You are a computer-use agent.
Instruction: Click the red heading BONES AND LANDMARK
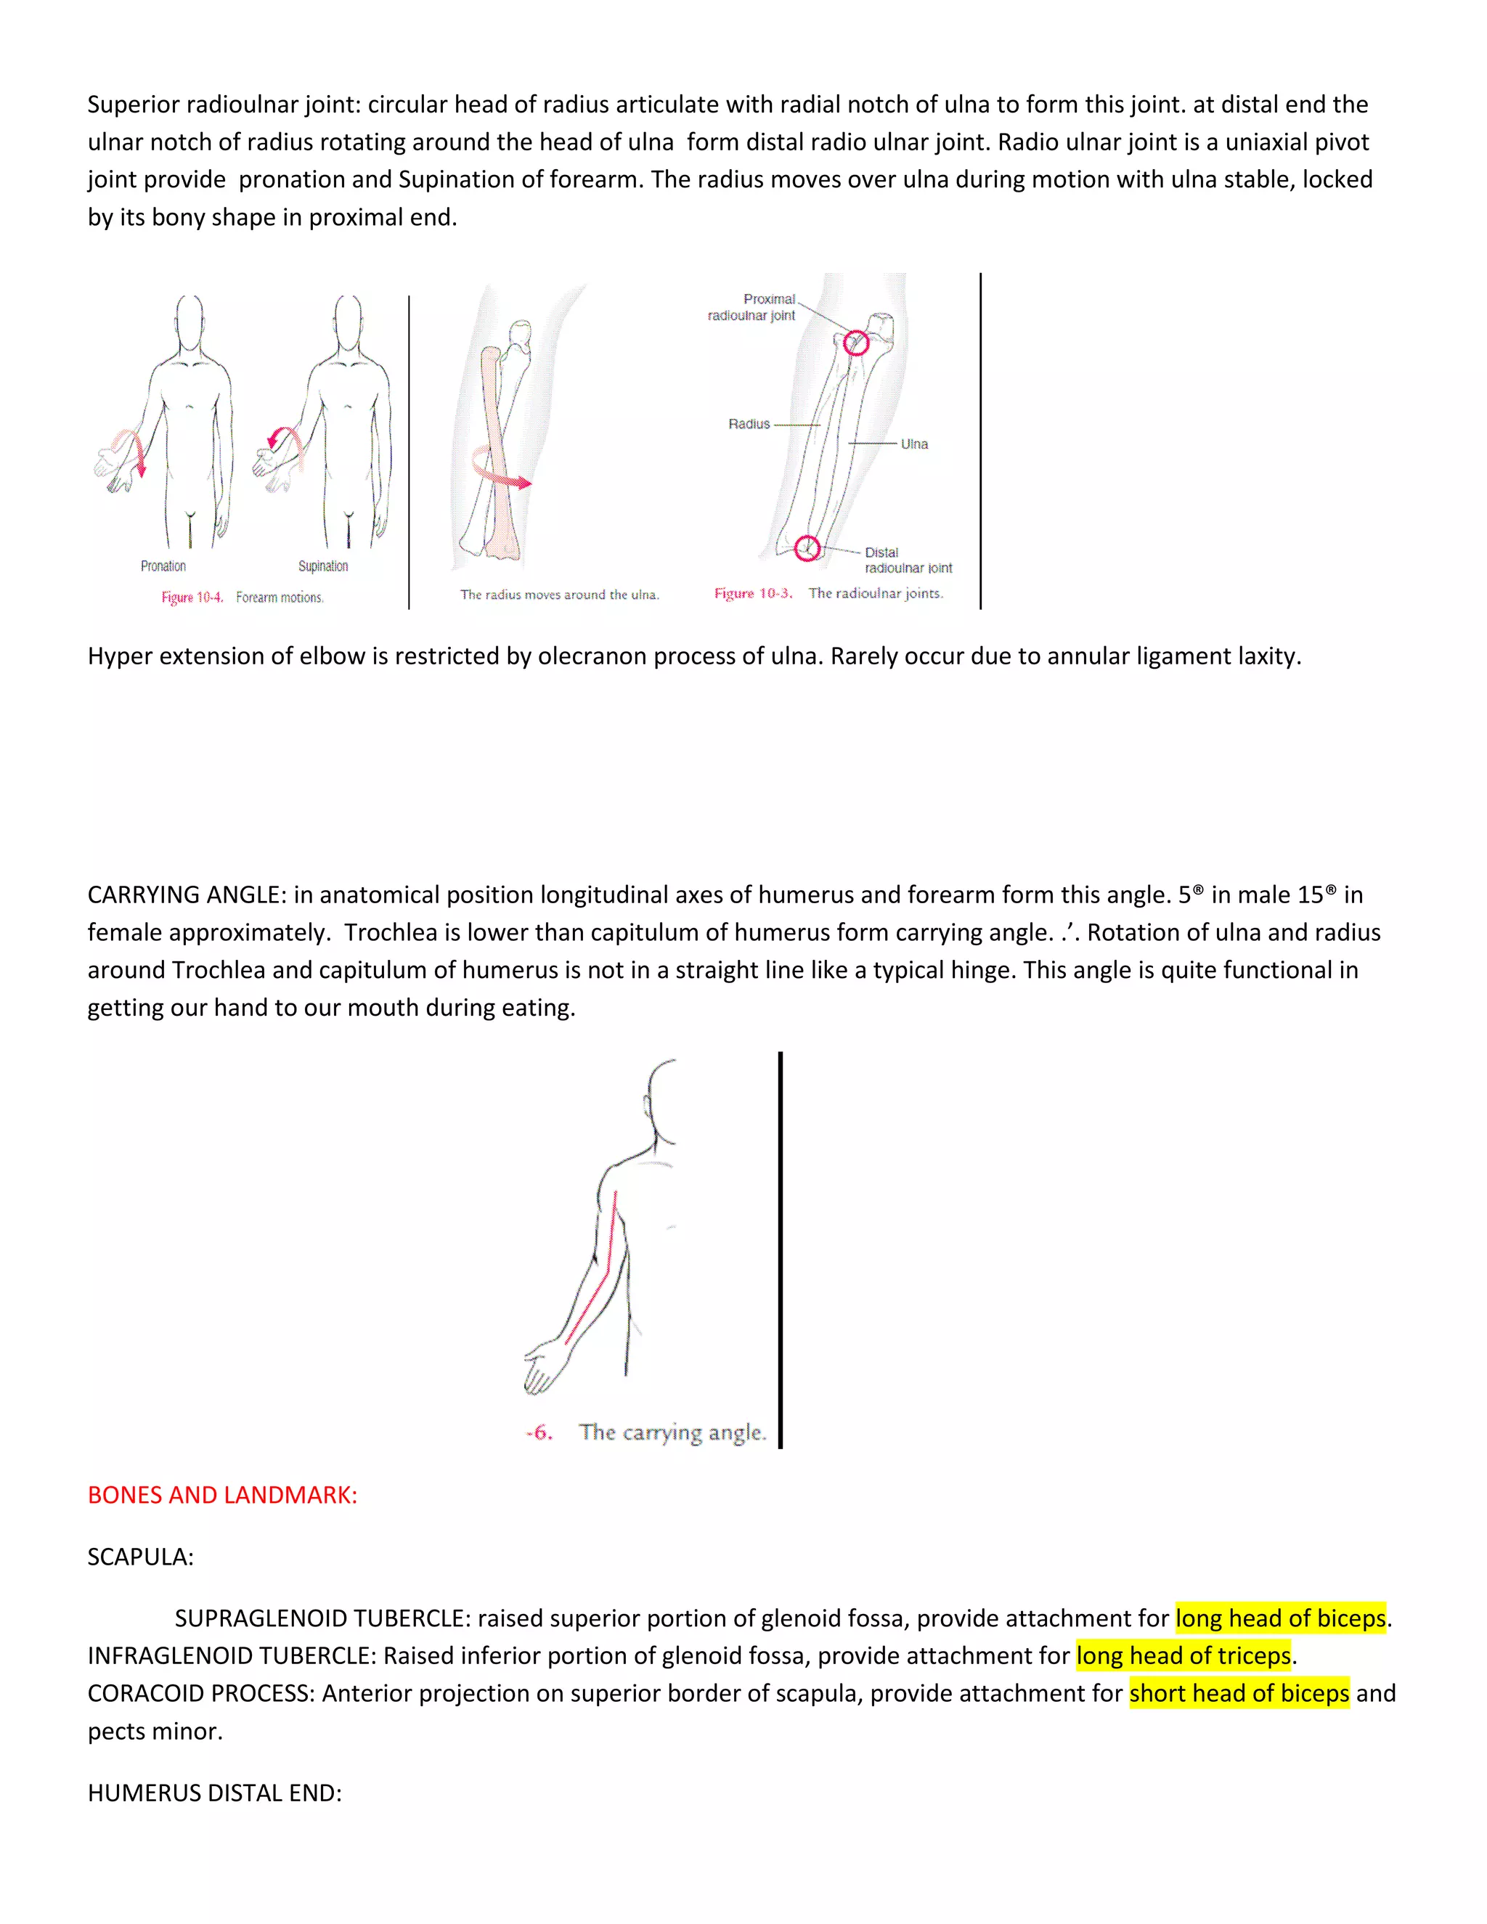coord(222,1495)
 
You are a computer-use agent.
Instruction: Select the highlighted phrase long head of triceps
coord(1183,1655)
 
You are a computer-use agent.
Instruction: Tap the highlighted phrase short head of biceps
coord(1239,1693)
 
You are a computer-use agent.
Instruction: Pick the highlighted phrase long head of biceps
coord(1281,1618)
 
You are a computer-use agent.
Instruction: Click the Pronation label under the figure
coord(163,566)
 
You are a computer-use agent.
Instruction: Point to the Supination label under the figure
coord(322,566)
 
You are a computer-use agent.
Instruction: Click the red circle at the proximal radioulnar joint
coord(855,343)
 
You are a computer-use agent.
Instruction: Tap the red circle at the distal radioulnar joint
coord(807,548)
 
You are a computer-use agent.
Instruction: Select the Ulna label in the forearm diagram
coord(913,444)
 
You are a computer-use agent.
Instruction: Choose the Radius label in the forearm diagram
coord(749,424)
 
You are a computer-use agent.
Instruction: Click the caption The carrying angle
coord(672,1432)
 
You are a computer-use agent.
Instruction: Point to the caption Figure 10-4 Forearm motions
coord(243,598)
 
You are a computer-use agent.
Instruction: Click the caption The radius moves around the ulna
coord(559,595)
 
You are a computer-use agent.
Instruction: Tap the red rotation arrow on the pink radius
coord(502,471)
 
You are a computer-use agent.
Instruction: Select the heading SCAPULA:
coord(140,1557)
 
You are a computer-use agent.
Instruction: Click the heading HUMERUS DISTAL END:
coord(214,1793)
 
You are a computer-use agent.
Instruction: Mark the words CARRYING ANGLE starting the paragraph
coord(186,895)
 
